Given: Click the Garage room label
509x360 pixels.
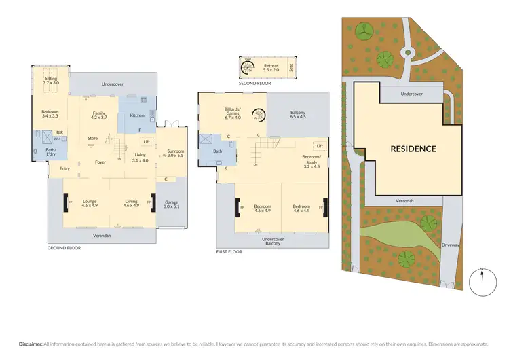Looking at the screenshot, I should [172, 204].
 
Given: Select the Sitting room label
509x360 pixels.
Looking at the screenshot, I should [51, 81].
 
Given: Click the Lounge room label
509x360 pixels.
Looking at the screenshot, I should [90, 204].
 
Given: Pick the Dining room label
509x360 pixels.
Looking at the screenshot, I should [131, 204].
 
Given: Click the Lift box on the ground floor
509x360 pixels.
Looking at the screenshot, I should [146, 142].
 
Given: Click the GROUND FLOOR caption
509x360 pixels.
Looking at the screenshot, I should [64, 248].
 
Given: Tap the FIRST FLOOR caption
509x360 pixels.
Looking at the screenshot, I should [229, 251].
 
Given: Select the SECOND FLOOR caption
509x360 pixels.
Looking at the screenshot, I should [254, 83].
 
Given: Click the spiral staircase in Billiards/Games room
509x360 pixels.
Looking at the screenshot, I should [258, 115].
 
